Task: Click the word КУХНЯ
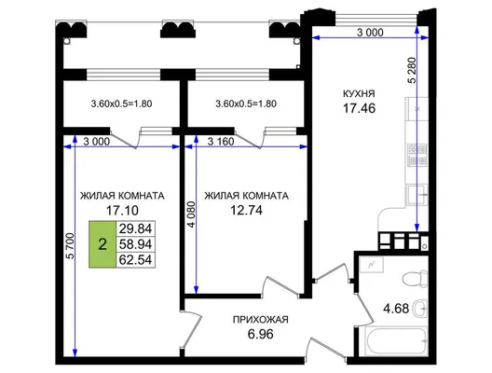pyautogui.click(x=359, y=93)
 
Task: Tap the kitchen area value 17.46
pyautogui.click(x=360, y=108)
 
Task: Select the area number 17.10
pyautogui.click(x=122, y=211)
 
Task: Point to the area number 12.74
pyautogui.click(x=246, y=211)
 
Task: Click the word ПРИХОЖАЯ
pyautogui.click(x=260, y=320)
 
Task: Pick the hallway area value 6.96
pyautogui.click(x=260, y=334)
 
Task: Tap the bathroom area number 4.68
pyautogui.click(x=396, y=309)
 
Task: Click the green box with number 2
pyautogui.click(x=102, y=244)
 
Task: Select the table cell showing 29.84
pyautogui.click(x=135, y=228)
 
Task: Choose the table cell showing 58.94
pyautogui.click(x=135, y=244)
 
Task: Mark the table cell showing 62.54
pyautogui.click(x=135, y=260)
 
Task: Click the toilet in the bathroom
pyautogui.click(x=415, y=279)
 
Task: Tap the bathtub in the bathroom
pyautogui.click(x=396, y=341)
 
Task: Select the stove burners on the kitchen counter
pyautogui.click(x=417, y=155)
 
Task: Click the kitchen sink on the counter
pyautogui.click(x=417, y=195)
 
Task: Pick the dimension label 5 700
pyautogui.click(x=71, y=246)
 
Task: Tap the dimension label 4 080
pyautogui.click(x=192, y=214)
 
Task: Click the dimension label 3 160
pyautogui.click(x=221, y=142)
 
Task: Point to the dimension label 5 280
pyautogui.click(x=412, y=70)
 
